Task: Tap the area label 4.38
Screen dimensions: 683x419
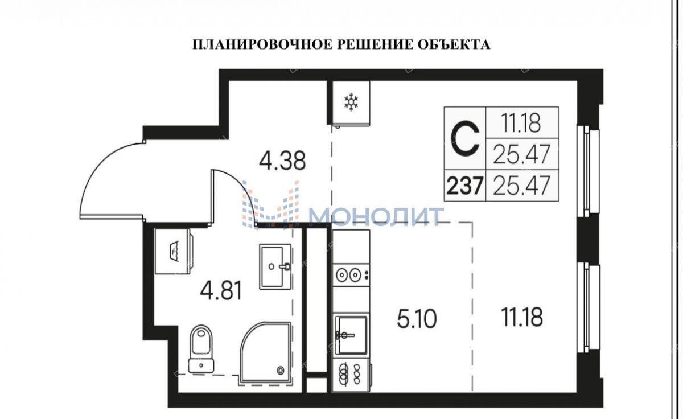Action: pos(282,161)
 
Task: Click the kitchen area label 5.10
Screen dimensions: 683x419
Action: pos(417,319)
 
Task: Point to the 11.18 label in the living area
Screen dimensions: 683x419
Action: pos(522,317)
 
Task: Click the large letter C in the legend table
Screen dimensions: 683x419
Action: pos(465,139)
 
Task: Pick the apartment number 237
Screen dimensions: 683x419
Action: pos(464,186)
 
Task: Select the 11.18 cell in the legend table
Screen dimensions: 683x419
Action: pos(521,122)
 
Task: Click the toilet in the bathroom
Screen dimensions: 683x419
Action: pos(201,348)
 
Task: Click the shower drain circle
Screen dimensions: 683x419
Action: pos(280,371)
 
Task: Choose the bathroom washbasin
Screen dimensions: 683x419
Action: pos(275,266)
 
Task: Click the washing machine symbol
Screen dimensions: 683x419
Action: pos(173,251)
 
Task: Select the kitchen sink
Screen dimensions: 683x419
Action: pos(351,335)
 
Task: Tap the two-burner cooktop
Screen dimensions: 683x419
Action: pos(351,276)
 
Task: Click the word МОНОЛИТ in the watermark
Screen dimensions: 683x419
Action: pos(376,216)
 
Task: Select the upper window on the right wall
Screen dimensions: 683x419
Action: pos(588,171)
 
